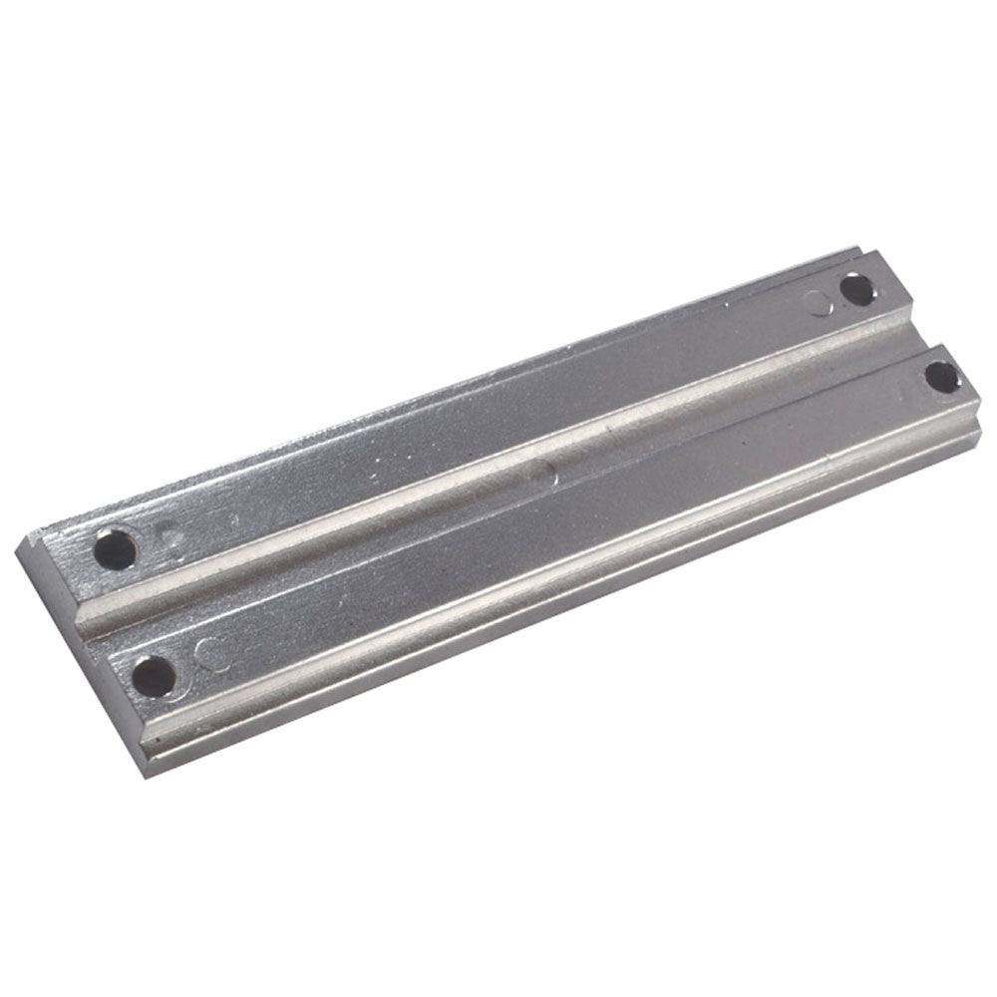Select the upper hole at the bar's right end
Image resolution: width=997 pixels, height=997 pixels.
857,290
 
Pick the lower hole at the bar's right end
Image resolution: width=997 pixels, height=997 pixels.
941,377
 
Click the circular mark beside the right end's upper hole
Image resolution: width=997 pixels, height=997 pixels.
821,302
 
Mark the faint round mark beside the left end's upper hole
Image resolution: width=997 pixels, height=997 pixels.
172,539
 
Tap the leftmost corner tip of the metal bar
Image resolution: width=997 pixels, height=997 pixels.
19,542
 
